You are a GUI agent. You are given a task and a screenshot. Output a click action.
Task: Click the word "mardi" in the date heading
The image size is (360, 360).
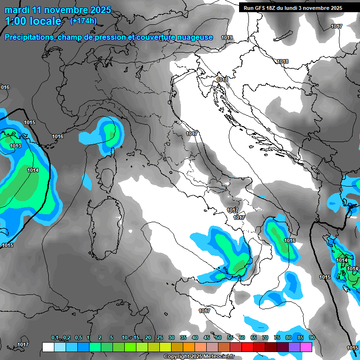[17, 10]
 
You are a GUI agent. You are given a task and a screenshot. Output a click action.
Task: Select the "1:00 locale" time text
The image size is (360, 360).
[33, 21]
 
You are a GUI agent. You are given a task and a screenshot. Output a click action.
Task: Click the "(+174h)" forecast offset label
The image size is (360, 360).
[83, 21]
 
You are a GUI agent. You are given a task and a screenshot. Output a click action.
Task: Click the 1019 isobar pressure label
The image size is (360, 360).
[227, 37]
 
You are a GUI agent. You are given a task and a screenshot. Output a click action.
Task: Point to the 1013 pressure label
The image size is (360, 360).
[15, 146]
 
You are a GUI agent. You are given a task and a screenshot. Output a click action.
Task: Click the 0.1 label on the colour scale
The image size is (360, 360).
[55, 338]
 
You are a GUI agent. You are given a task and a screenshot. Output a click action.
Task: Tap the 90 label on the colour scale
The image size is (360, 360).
[312, 338]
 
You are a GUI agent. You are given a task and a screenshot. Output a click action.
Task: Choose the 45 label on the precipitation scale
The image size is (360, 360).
[207, 338]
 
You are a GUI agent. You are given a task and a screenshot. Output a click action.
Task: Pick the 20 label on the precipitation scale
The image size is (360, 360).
[148, 338]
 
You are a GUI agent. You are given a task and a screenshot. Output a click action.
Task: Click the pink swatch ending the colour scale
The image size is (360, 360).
[306, 347]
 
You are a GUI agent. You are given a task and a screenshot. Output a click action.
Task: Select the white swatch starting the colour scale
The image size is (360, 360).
[48, 347]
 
